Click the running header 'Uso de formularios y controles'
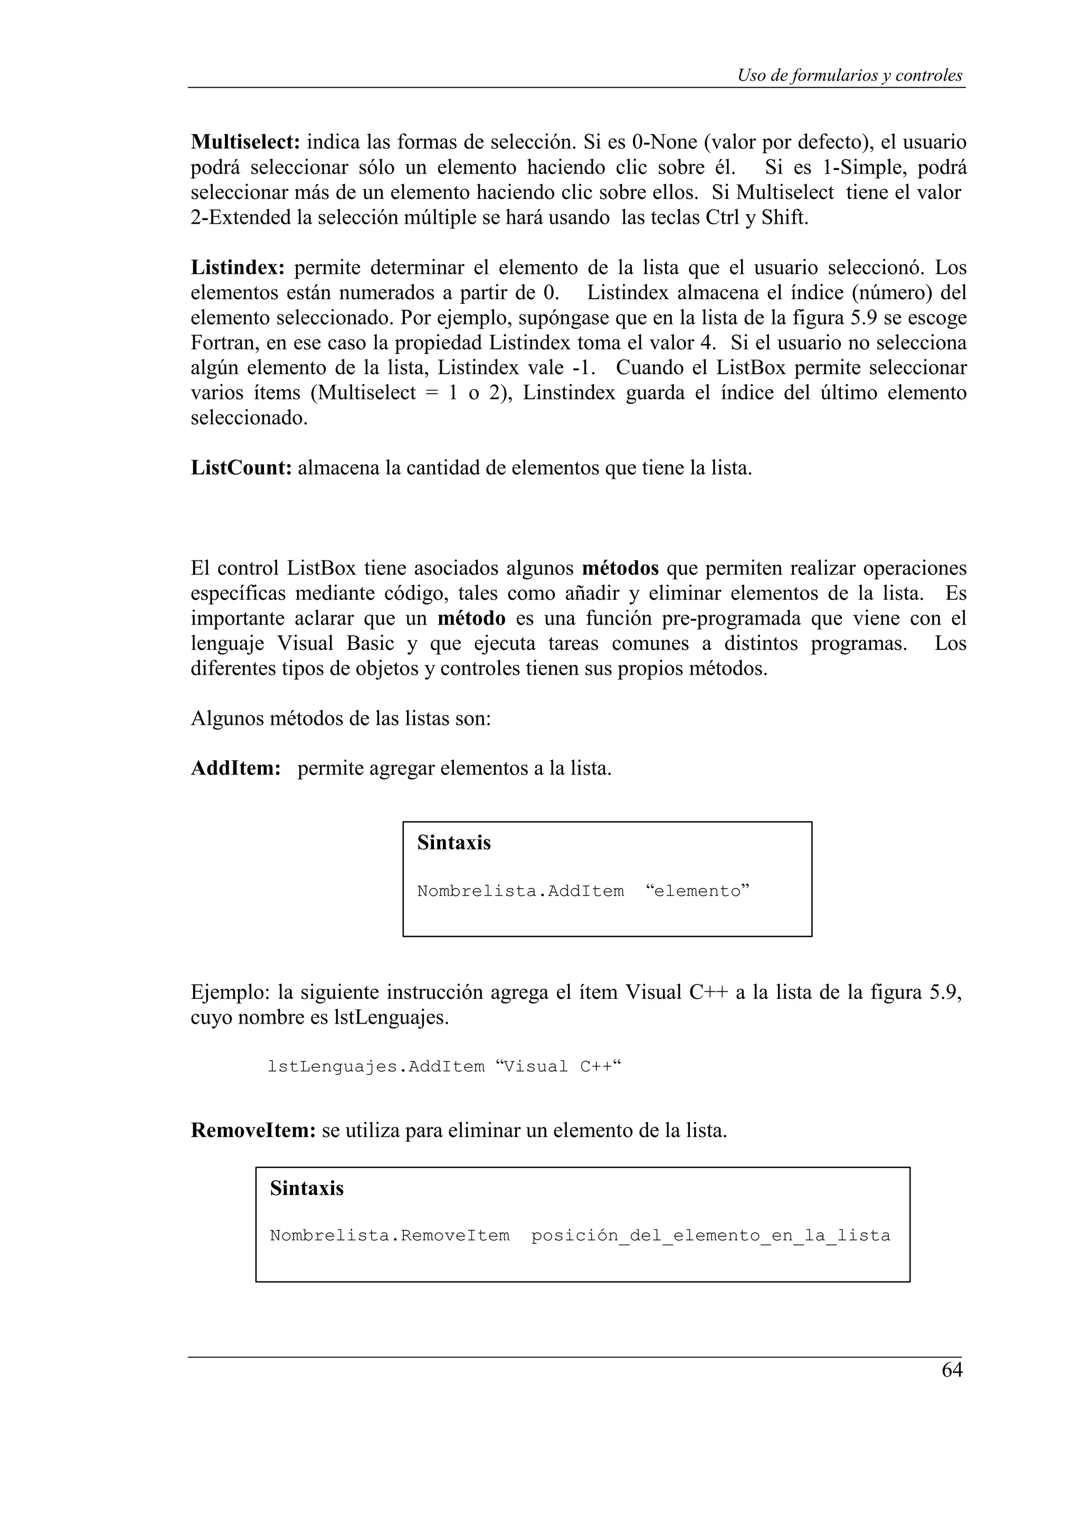[x=849, y=75]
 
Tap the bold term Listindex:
[x=238, y=267]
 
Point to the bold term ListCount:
[x=242, y=468]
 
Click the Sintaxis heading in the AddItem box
[x=453, y=843]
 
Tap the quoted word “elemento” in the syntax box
[x=697, y=891]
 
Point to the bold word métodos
[x=620, y=569]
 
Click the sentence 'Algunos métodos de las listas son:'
[x=340, y=719]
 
